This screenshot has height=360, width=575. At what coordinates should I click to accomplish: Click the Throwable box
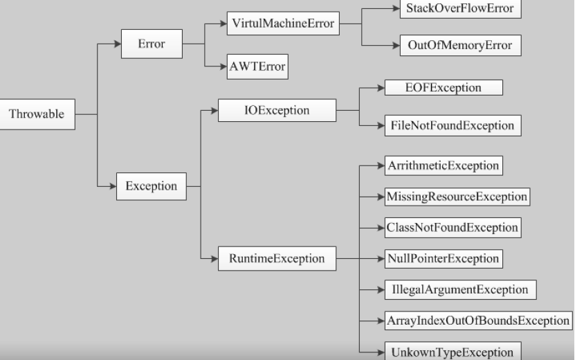[x=36, y=114]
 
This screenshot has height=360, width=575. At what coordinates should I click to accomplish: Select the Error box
[x=152, y=44]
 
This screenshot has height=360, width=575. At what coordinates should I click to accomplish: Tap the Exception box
[x=151, y=186]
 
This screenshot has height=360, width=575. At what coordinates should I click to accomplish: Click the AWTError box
[x=257, y=67]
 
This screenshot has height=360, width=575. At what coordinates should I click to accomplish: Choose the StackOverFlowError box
[x=460, y=9]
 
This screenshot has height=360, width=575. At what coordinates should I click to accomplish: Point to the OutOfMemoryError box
[x=460, y=45]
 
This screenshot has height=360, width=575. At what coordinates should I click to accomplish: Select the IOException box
[x=277, y=110]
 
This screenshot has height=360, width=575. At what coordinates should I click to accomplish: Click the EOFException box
[x=443, y=88]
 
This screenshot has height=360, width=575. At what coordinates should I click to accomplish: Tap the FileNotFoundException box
[x=453, y=125]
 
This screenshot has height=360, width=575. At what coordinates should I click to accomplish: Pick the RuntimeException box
[x=277, y=259]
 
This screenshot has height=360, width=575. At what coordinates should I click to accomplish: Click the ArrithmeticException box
[x=443, y=166]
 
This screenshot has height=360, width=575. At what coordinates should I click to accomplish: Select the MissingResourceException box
[x=457, y=197]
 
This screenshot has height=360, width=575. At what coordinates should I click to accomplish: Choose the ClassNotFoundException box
[x=453, y=228]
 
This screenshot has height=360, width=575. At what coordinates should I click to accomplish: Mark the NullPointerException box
[x=443, y=259]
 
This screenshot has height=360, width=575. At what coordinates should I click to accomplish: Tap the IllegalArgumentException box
[x=460, y=289]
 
